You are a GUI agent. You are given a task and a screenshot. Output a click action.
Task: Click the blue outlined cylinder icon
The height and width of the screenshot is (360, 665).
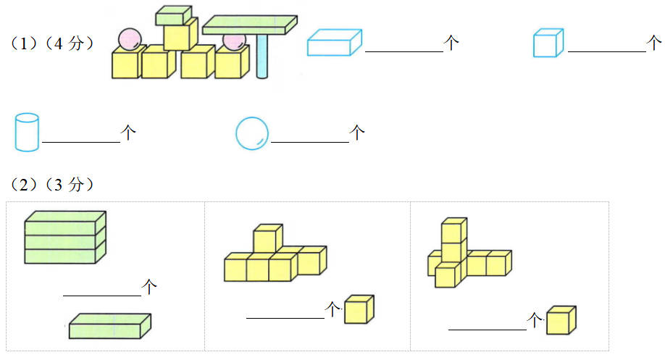26,132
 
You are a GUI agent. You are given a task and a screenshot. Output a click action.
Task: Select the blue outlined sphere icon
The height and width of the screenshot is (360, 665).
252,133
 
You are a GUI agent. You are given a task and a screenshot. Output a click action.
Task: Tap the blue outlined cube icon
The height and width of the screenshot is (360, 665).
548,43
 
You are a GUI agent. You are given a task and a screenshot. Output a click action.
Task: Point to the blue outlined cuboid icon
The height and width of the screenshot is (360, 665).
334,43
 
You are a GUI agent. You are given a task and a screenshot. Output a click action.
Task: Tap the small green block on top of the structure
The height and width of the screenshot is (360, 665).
174,14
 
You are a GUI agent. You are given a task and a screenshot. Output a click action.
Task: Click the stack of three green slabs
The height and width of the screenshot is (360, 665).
65,237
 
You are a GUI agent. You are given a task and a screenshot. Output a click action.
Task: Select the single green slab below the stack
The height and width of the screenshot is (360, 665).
110,326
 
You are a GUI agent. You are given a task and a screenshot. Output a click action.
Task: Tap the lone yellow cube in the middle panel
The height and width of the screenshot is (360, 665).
359,309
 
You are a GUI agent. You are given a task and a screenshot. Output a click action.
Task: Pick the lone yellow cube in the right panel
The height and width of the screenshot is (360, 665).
561,320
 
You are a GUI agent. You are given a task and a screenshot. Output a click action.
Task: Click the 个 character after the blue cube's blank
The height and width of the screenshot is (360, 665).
654,43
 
